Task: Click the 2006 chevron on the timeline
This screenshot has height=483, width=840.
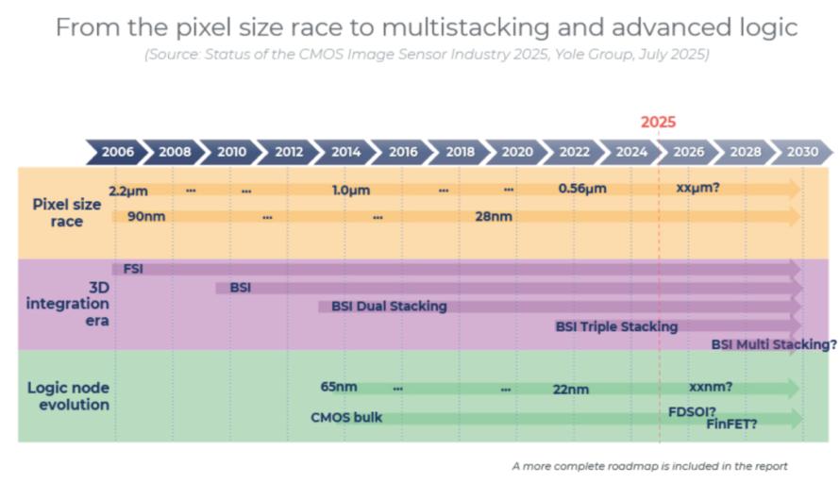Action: (117, 152)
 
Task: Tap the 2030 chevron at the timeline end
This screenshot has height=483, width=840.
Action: (802, 152)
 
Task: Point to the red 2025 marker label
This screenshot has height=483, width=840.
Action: (659, 122)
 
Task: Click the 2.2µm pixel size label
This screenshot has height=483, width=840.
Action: (128, 191)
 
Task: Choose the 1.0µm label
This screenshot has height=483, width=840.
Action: (351, 191)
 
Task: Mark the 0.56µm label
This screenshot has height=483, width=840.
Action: (582, 189)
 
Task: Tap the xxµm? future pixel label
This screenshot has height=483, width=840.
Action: (697, 188)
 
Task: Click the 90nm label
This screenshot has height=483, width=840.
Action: (146, 216)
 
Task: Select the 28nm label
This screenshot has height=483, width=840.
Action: (494, 216)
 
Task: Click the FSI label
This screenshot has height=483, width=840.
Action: (133, 268)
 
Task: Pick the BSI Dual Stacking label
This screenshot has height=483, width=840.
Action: (389, 307)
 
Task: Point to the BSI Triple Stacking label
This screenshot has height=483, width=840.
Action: (616, 326)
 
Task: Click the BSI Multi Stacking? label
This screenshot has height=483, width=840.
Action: (774, 344)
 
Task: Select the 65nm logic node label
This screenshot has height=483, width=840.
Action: (339, 387)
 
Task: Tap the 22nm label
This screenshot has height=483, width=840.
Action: (570, 390)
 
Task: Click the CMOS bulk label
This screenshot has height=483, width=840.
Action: (346, 417)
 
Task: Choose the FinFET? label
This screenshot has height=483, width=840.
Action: (731, 425)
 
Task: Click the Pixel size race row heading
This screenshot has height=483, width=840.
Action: (66, 212)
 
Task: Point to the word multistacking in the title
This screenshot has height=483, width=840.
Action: (465, 27)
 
